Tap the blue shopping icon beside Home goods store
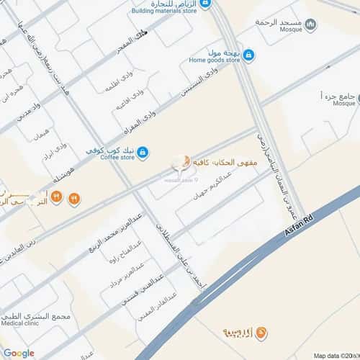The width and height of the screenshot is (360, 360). [x=248, y=55]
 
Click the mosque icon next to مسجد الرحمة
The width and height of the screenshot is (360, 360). [x=310, y=26]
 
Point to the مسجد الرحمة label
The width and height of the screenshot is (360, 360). [x=277, y=22]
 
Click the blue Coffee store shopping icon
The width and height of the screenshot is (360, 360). [x=143, y=152]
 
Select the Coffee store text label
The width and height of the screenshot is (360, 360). [x=117, y=156]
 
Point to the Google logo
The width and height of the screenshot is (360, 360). [x=19, y=353]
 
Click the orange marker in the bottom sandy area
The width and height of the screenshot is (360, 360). [x=261, y=333]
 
